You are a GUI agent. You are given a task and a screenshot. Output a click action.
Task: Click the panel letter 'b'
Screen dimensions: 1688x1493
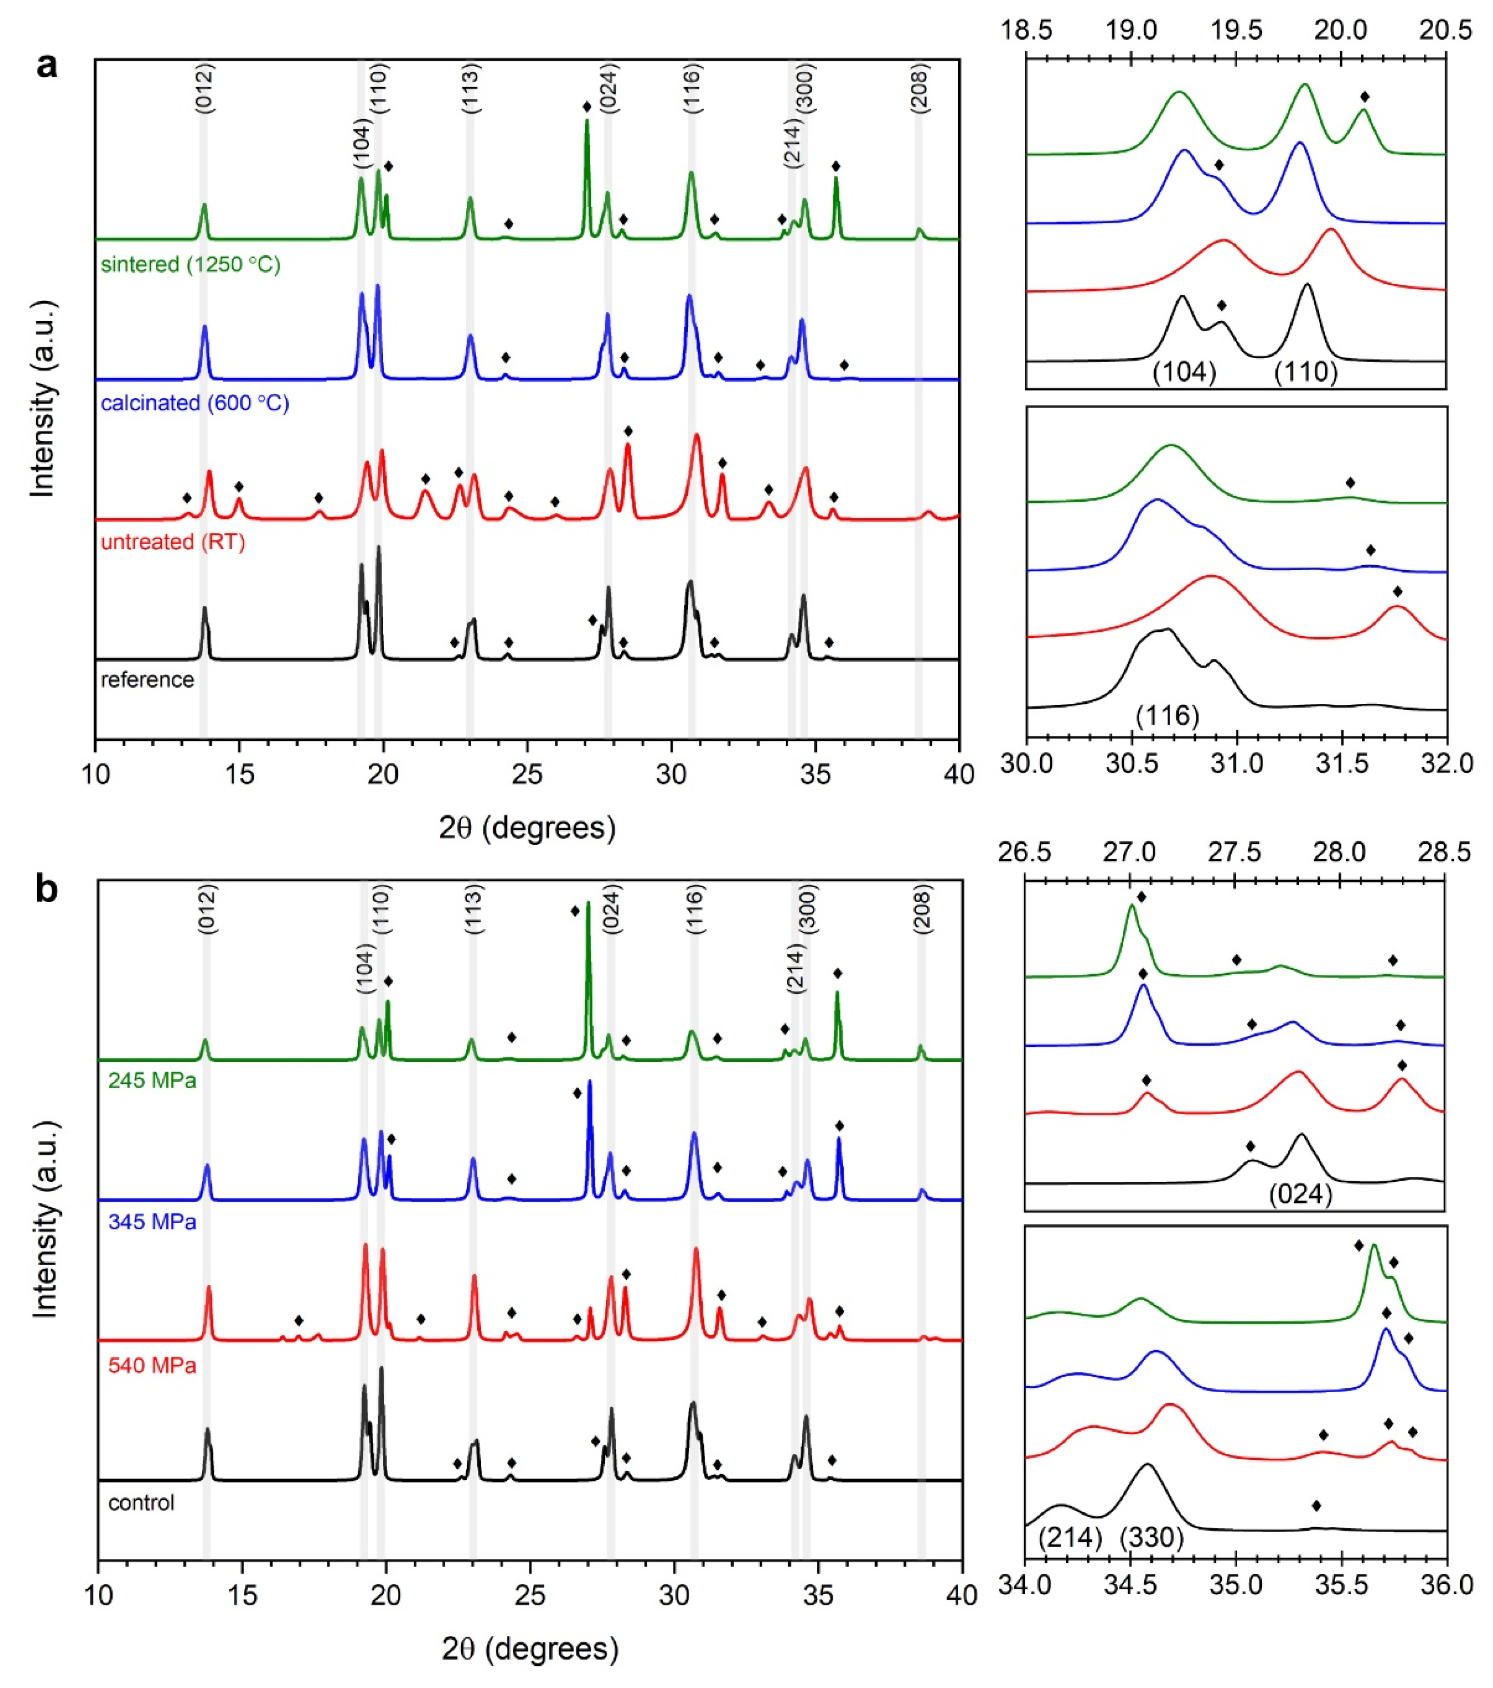[48, 890]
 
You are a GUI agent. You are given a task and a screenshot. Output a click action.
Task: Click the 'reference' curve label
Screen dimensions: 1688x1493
[147, 680]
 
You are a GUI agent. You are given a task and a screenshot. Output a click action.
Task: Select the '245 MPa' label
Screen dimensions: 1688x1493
[152, 1080]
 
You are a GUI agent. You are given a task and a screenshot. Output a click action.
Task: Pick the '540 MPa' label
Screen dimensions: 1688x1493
[152, 1366]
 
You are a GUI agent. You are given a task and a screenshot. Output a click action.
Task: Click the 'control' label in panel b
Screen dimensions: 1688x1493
[141, 1502]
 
